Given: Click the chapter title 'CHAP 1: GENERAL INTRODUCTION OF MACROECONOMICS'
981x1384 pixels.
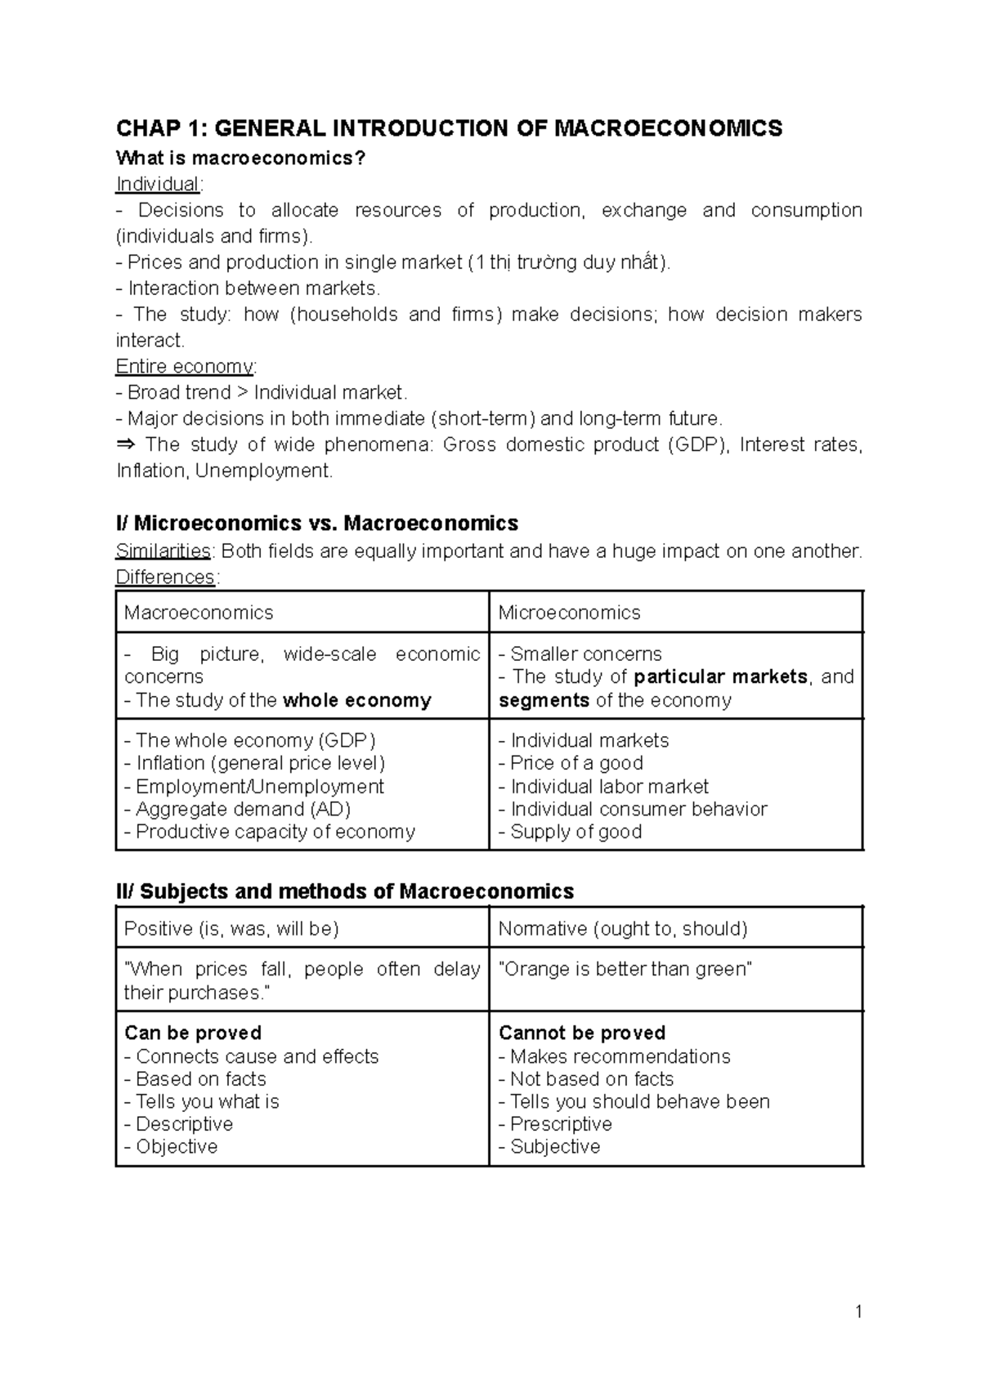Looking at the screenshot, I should (x=449, y=129).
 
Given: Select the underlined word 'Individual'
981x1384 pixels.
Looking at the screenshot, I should (x=157, y=184).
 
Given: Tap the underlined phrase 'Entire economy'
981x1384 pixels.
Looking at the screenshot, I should (x=185, y=366).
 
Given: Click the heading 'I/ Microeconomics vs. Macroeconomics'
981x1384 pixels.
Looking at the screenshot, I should (x=317, y=523).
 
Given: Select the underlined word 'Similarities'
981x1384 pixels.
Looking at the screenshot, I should (x=163, y=551).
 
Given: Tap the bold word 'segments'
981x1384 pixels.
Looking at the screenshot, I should (x=544, y=700).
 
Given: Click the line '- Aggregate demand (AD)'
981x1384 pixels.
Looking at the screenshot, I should (x=237, y=809).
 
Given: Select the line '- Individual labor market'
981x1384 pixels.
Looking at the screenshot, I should (x=603, y=786).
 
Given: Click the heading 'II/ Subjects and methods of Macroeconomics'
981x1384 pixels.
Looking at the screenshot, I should (x=344, y=891).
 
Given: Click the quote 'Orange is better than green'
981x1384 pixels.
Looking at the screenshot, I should (x=625, y=969).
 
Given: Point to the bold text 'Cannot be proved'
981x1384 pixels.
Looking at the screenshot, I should (x=582, y=1033).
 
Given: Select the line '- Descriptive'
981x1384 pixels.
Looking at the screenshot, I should (x=178, y=1124).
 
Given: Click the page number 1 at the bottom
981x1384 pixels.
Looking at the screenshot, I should (x=858, y=1312).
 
